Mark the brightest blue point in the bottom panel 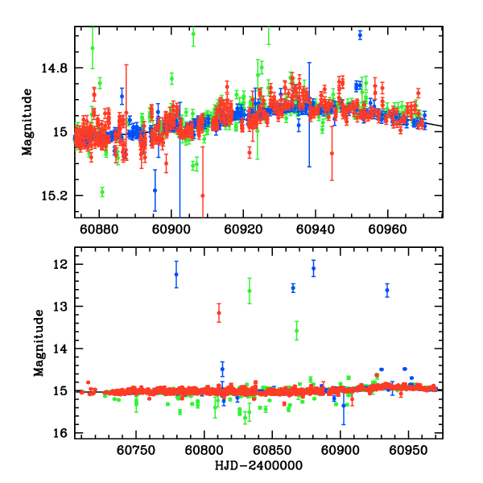pyautogui.click(x=313, y=269)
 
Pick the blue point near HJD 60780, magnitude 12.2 pyautogui.click(x=176, y=275)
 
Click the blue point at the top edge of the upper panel pyautogui.click(x=360, y=35)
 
